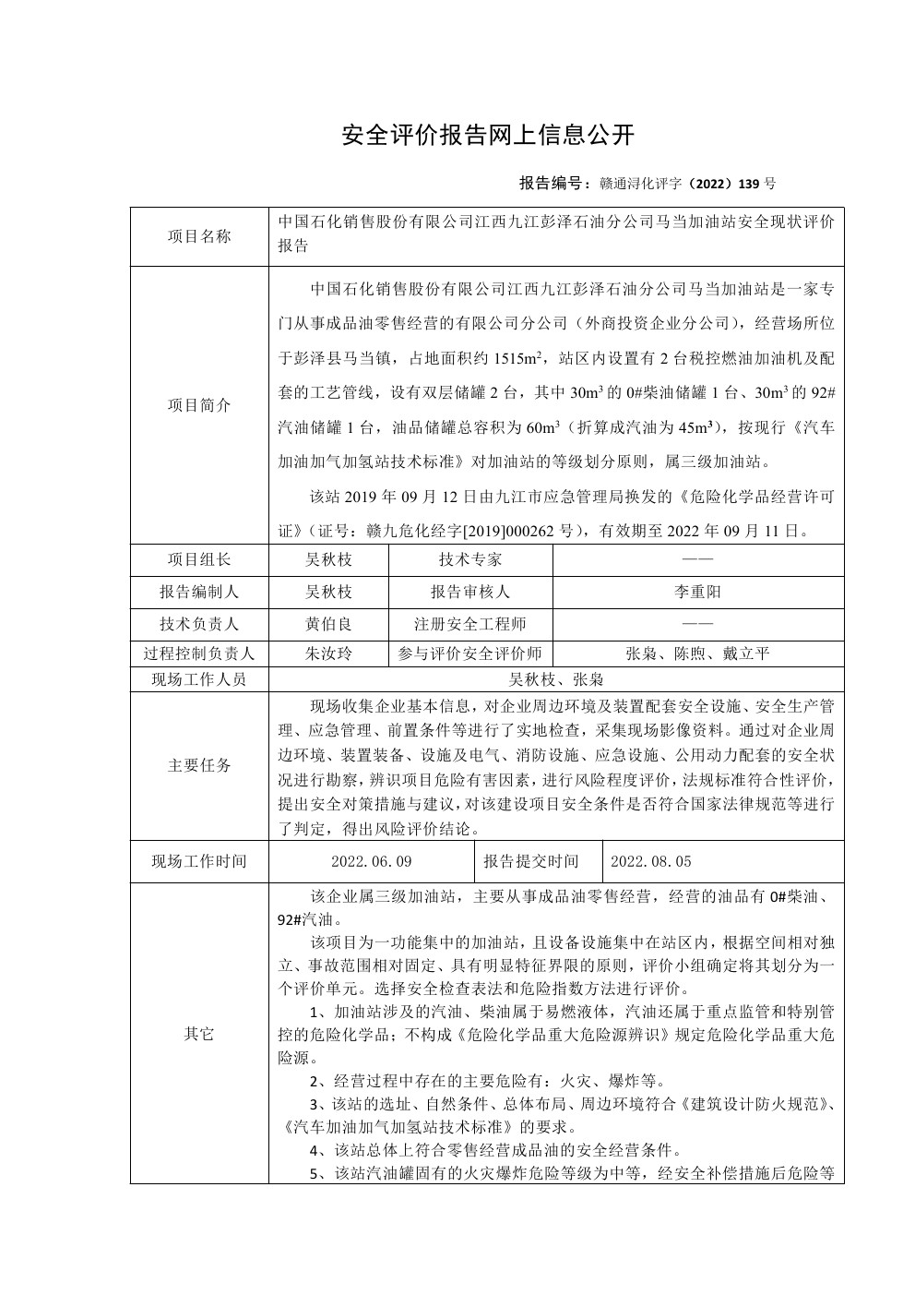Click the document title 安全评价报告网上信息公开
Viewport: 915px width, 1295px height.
click(x=488, y=135)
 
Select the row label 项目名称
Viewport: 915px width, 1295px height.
click(x=199, y=236)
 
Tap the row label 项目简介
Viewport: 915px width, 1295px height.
click(x=199, y=405)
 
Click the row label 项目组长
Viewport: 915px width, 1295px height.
click(x=199, y=559)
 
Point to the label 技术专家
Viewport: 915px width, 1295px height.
click(x=470, y=559)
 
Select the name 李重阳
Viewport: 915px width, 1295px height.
click(x=698, y=592)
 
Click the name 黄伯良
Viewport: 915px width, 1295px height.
click(x=328, y=624)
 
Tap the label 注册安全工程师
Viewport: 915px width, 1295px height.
click(x=470, y=624)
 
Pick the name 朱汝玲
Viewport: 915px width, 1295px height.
click(x=328, y=654)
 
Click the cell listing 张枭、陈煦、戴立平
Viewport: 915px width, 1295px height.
click(x=698, y=654)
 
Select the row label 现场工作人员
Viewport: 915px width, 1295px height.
click(x=199, y=679)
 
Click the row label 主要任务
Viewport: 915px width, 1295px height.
click(x=199, y=765)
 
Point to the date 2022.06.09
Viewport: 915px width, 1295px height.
click(x=371, y=861)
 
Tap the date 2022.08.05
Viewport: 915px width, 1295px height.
click(x=651, y=861)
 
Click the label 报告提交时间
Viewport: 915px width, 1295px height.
click(x=531, y=861)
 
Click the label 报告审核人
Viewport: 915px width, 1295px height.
click(x=470, y=592)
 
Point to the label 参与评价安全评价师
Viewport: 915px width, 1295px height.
click(x=470, y=654)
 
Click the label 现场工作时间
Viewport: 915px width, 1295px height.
click(x=199, y=861)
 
